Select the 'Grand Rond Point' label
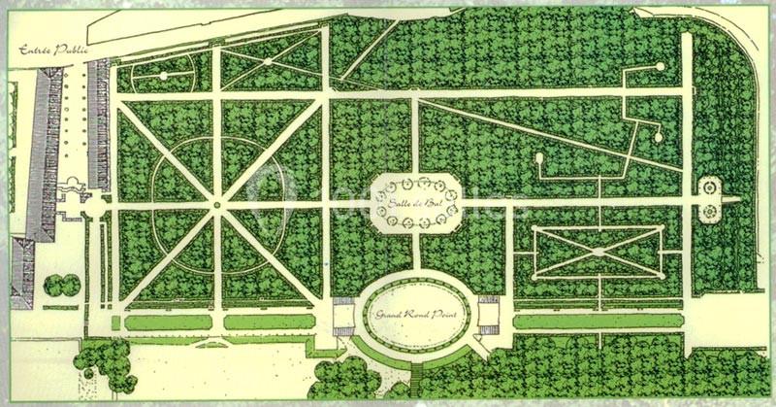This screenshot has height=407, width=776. coord(416,314)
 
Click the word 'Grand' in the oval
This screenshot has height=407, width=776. coord(389,315)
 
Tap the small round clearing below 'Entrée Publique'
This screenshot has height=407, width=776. coord(163,75)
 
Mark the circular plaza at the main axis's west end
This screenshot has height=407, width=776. coord(95,206)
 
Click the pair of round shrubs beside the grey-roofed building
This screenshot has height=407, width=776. coord(64,285)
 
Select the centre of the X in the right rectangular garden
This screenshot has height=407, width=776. coord(598,252)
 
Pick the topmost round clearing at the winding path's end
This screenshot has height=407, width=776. coord(660,67)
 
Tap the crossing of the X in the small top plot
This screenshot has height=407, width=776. coord(266,61)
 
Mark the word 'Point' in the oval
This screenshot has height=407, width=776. coord(448,315)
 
